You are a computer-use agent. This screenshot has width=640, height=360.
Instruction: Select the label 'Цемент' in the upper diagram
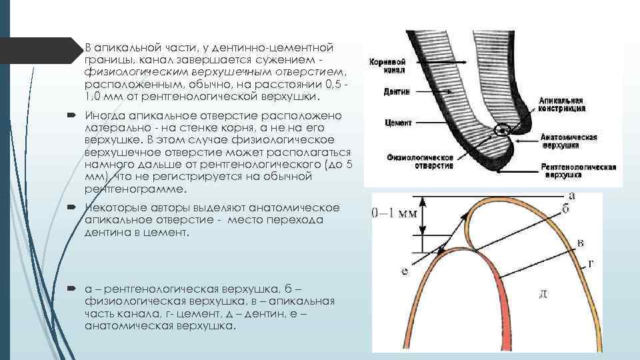click(x=398, y=123)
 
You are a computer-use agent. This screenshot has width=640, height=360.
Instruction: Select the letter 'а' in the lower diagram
click(x=571, y=196)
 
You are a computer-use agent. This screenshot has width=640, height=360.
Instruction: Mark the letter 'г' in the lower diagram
click(x=591, y=263)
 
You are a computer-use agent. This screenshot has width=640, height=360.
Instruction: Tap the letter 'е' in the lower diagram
click(x=405, y=271)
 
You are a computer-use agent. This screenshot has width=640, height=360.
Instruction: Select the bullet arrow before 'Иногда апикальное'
click(x=71, y=116)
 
